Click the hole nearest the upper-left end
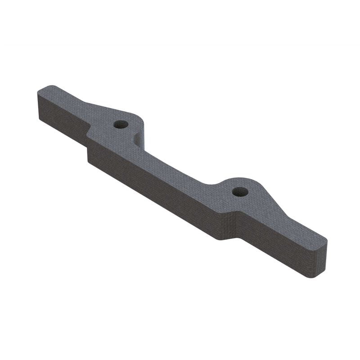[121, 124]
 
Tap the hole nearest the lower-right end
[240, 192]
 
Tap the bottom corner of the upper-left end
[40, 118]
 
